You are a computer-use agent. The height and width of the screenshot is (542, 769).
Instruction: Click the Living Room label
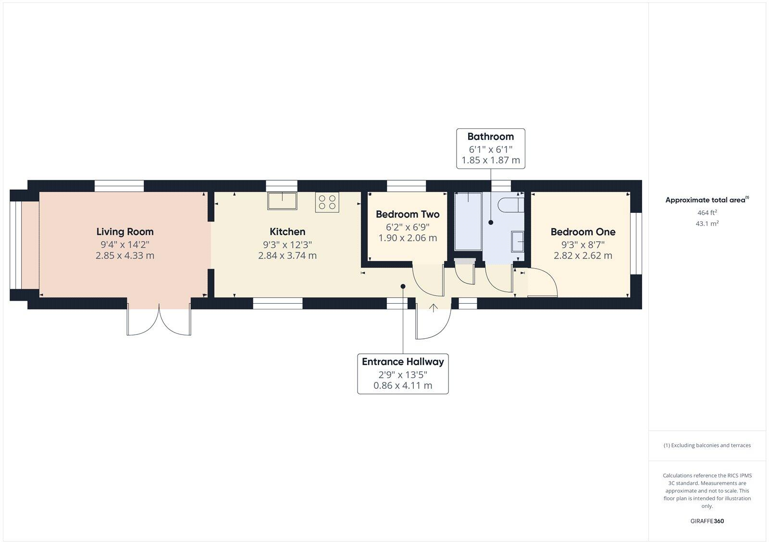[x=125, y=232]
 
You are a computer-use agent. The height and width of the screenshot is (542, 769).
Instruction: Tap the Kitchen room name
[x=287, y=232]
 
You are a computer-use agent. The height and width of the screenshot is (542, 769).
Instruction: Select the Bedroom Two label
[x=408, y=214]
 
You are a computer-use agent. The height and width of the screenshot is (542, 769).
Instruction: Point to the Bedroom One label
[x=583, y=232]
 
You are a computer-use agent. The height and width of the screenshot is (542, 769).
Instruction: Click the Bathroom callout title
[x=490, y=136]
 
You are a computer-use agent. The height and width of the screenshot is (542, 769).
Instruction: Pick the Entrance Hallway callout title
[x=403, y=362]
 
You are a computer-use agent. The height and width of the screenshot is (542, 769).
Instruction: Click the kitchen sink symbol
[x=282, y=200]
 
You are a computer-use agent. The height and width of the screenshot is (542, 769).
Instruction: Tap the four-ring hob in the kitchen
[x=327, y=202]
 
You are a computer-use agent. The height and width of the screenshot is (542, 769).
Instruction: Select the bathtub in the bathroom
[x=468, y=221]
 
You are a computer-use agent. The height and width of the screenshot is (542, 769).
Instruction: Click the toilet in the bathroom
[x=510, y=205]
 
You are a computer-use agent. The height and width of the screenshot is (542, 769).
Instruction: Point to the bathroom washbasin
[x=518, y=241]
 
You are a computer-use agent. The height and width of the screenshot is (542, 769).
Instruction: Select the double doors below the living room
[x=159, y=319]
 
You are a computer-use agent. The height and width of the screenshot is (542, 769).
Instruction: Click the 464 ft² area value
[x=707, y=212]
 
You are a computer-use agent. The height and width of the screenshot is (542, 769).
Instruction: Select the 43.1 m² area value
[x=707, y=223]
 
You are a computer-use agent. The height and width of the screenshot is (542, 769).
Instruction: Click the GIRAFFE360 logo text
[x=707, y=521]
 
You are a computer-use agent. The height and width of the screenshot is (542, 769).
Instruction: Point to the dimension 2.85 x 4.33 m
[x=125, y=256]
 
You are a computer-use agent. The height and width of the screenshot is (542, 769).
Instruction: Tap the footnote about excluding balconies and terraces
[x=707, y=445]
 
